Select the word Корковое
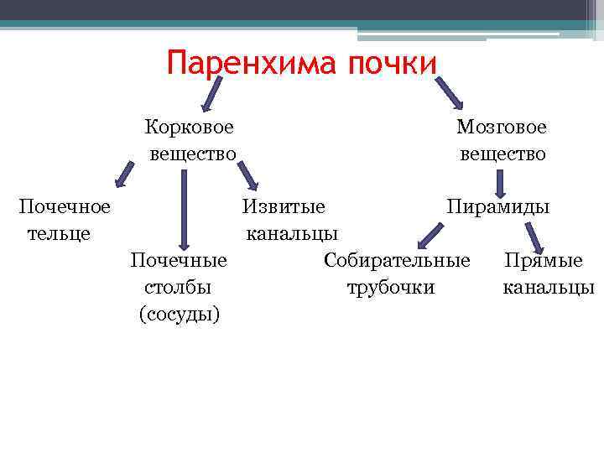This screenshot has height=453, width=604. (189, 128)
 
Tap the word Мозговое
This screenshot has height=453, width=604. (501, 128)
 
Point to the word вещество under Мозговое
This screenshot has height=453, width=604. (502, 154)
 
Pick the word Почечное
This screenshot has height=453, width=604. (65, 206)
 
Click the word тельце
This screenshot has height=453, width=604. (59, 232)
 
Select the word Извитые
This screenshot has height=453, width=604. (284, 206)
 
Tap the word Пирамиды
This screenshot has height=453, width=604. (498, 206)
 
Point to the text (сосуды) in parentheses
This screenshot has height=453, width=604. (179, 314)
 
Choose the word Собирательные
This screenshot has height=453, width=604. (397, 259)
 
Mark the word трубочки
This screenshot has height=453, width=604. (391, 287)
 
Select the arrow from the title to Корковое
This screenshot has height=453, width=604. (211, 91)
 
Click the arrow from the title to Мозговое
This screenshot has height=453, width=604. (449, 91)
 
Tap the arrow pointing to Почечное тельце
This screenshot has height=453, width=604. (126, 172)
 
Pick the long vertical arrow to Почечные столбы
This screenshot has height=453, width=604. (185, 206)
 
